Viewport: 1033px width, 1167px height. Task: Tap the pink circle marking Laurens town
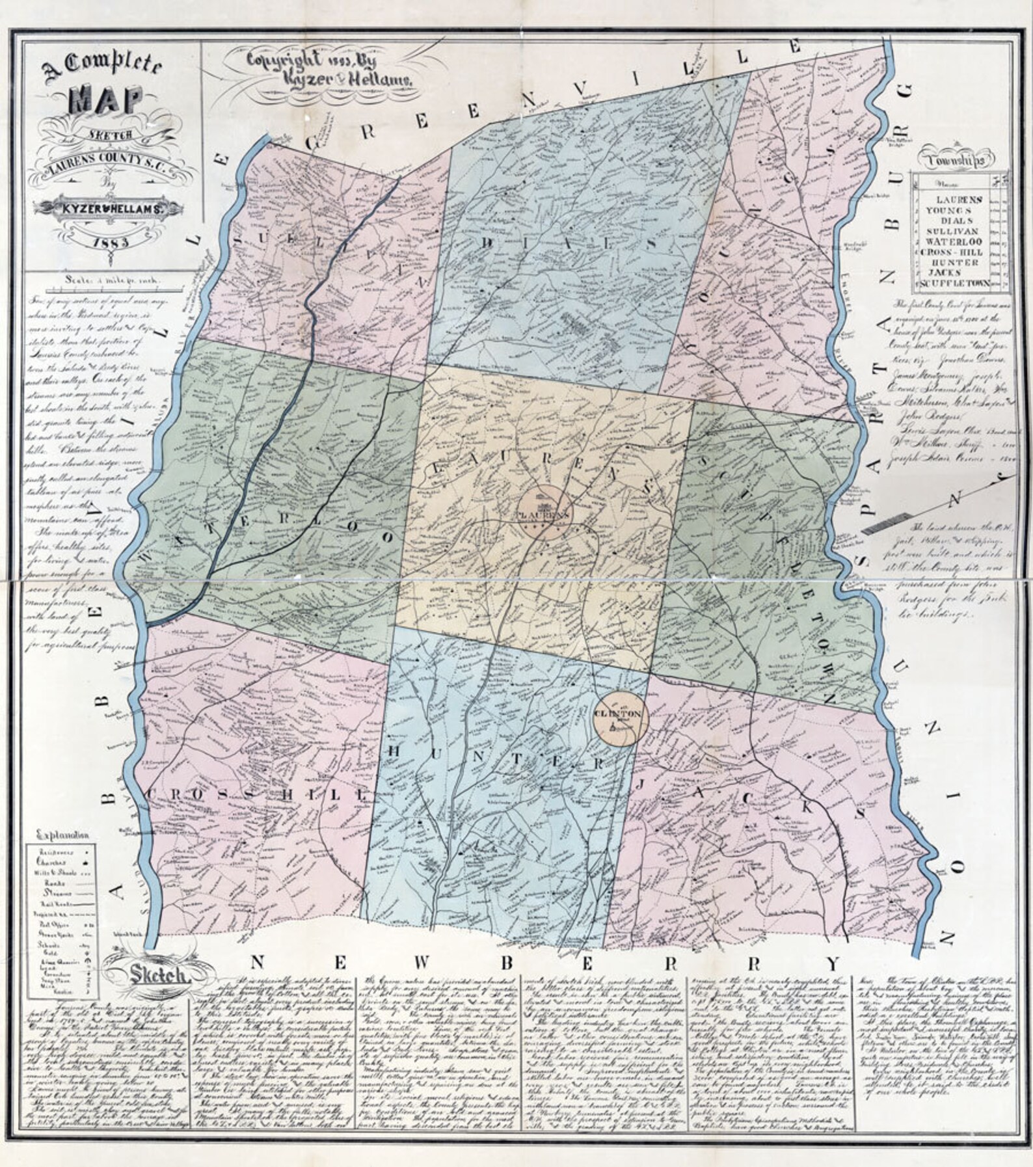tap(545, 513)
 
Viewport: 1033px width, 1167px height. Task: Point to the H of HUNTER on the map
tap(396, 752)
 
